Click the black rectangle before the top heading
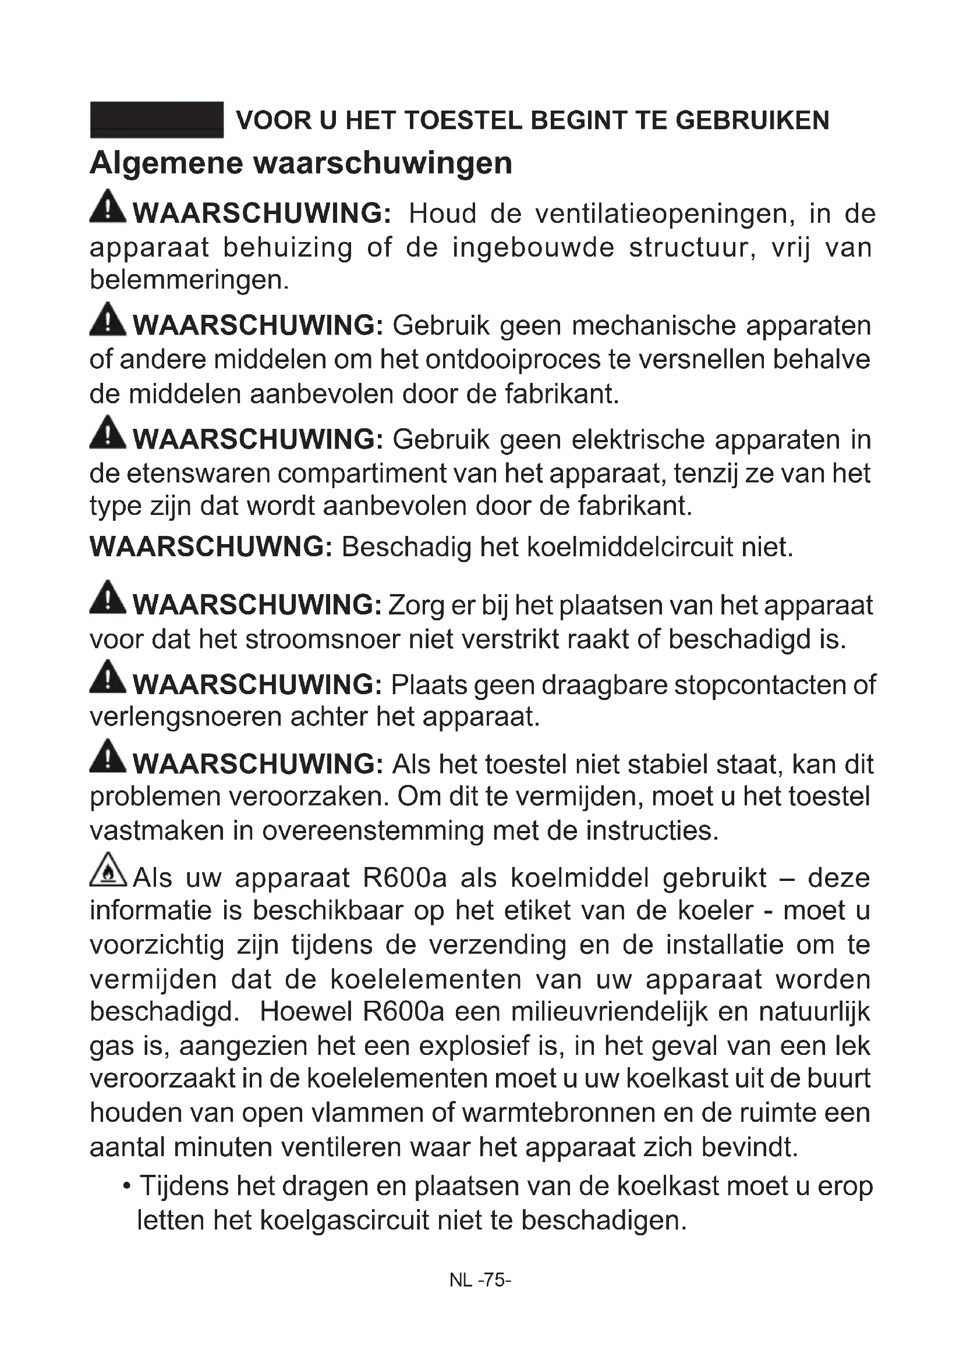coord(157,120)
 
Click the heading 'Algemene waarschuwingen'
coord(300,163)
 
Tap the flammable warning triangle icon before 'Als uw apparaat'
coord(108,869)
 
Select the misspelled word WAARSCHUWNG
coord(211,546)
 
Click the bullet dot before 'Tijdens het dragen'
coord(126,1186)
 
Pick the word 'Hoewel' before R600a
coord(306,1012)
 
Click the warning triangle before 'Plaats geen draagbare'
coord(108,677)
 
